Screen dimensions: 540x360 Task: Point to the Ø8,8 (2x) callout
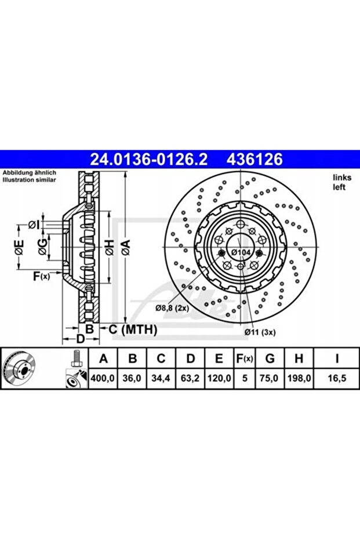pos(172,308)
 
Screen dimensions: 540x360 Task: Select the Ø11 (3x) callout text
pos(260,332)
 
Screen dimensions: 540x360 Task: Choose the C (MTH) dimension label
pos(133,329)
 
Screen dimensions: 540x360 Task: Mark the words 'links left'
pos(339,182)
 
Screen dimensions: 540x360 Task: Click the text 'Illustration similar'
pos(29,181)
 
